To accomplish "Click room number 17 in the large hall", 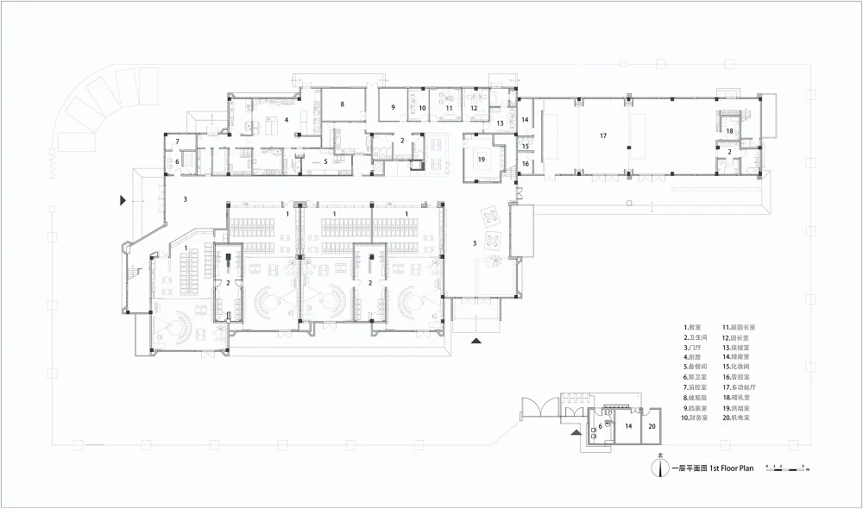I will coord(604,135).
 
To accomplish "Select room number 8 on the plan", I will coord(343,104).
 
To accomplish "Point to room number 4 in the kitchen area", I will coord(287,120).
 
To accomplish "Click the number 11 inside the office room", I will coord(450,108).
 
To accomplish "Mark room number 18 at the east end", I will coord(729,131).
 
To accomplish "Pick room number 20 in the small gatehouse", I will coord(652,426).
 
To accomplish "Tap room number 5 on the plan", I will coord(324,160).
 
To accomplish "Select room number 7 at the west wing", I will coord(178,141).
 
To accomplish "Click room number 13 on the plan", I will coord(499,123).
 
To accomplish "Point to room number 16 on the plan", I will coord(525,163).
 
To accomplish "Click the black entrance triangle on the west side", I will coord(123,200).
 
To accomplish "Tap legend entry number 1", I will coord(694,328).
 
